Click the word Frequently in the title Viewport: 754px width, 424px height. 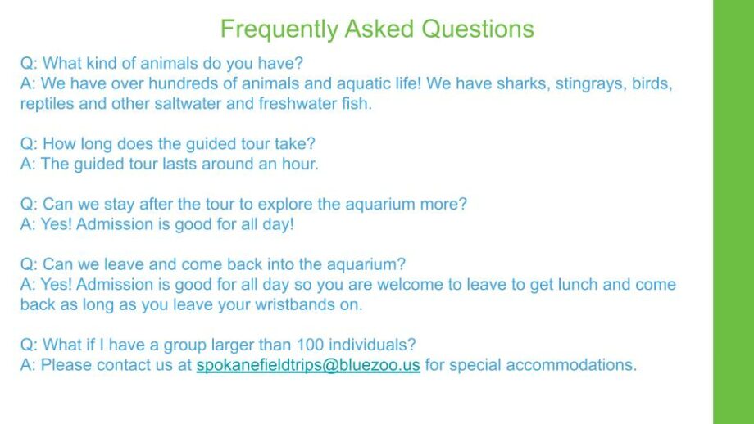coord(279,29)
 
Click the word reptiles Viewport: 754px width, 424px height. coord(47,104)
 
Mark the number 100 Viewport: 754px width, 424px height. coord(310,345)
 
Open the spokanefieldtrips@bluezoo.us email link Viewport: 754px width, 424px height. coord(308,365)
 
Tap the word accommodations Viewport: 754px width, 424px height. coord(571,365)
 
